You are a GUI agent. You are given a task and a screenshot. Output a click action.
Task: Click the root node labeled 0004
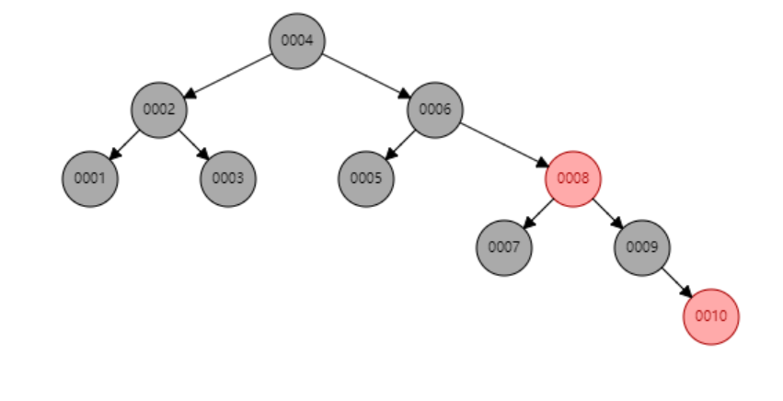tap(297, 40)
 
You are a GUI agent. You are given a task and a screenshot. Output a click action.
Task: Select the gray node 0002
tap(159, 109)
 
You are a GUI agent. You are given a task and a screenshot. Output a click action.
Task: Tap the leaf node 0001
tap(90, 178)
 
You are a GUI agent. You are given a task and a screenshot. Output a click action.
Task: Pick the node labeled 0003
tap(228, 178)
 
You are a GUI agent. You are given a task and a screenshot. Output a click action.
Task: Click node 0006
tap(435, 109)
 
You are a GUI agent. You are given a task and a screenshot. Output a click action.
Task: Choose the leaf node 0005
tap(366, 178)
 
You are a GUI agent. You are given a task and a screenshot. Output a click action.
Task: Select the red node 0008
tap(573, 178)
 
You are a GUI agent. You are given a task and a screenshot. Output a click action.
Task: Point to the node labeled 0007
tap(504, 247)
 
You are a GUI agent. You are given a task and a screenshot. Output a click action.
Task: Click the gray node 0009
tap(642, 247)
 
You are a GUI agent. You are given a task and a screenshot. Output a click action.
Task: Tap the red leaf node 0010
tap(711, 316)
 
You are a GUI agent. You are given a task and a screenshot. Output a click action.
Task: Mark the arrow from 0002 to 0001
tap(125, 144)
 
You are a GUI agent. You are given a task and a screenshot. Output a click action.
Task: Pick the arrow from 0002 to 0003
tap(193, 144)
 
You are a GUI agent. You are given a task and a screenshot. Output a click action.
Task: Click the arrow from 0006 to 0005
tap(401, 144)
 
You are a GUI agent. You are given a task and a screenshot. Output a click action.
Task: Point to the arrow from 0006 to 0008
tap(504, 144)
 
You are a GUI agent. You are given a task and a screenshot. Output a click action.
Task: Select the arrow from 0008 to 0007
tap(539, 213)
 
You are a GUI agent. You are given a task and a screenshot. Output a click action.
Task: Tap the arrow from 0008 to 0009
tap(607, 213)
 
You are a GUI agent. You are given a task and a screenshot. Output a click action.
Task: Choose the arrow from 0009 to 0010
tap(676, 282)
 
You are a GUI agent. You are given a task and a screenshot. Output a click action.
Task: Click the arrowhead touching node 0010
tap(686, 292)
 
